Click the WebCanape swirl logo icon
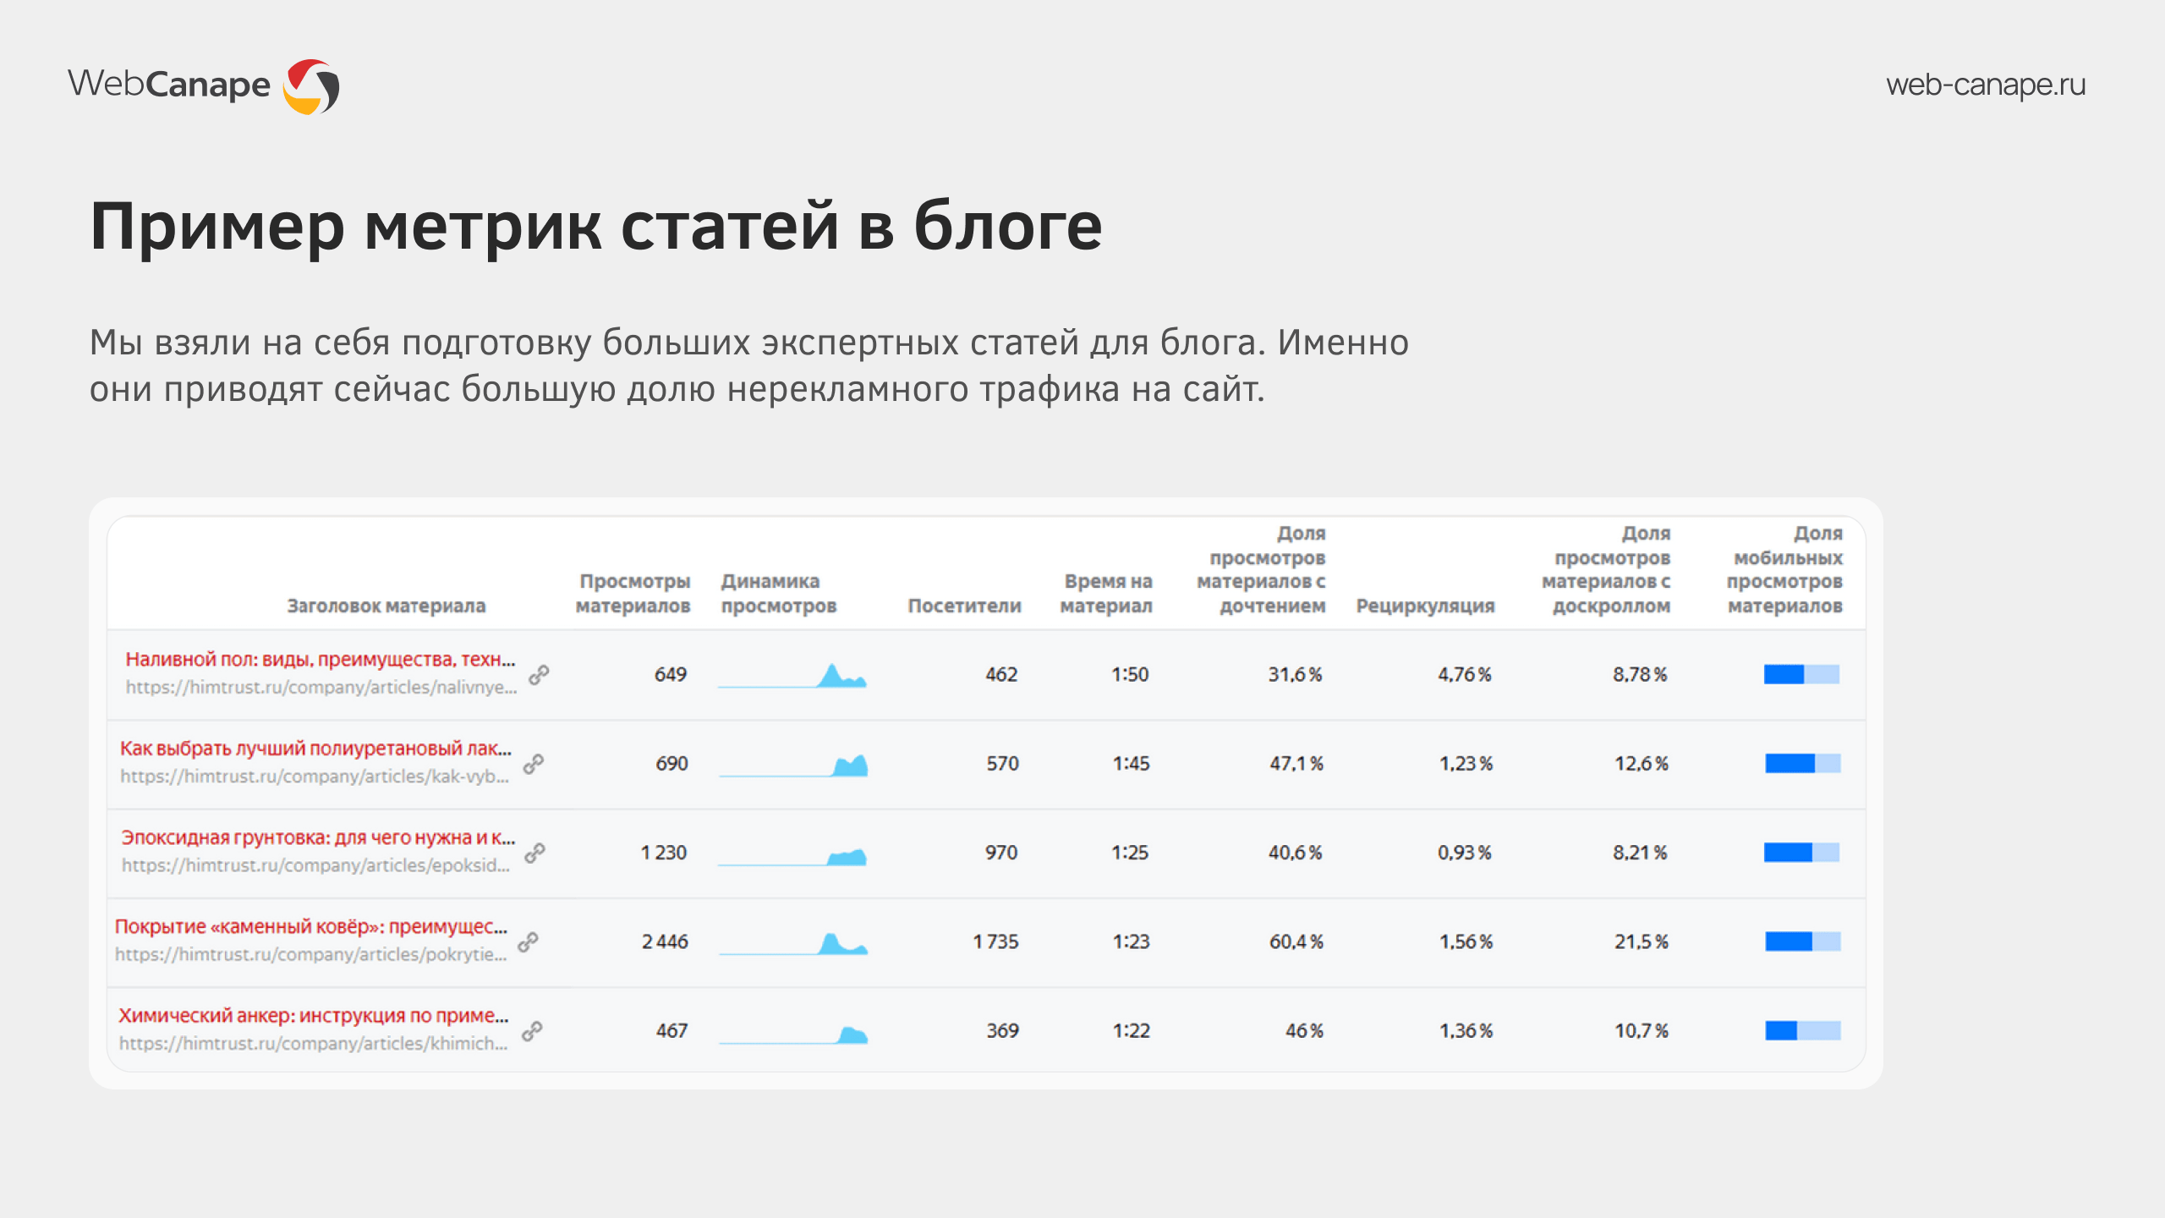pos(311,86)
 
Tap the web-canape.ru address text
pos(1986,85)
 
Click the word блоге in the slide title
pos(1008,227)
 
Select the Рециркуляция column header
pos(1425,606)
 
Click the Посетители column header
pos(964,606)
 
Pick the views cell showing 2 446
pos(665,941)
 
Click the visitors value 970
pos(1001,853)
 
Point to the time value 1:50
pos(1130,674)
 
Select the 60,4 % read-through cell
pos(1296,941)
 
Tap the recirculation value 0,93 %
pos(1465,853)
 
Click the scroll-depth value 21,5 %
pos(1642,941)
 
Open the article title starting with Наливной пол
pos(321,660)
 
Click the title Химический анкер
pos(314,1015)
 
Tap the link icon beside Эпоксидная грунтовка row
pos(534,853)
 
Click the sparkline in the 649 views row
pos(792,675)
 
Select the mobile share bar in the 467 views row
pos(1803,1030)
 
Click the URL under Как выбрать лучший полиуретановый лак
pos(315,776)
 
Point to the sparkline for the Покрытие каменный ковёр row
pos(793,942)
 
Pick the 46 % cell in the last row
pos(1304,1030)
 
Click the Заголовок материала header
pos(386,606)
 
